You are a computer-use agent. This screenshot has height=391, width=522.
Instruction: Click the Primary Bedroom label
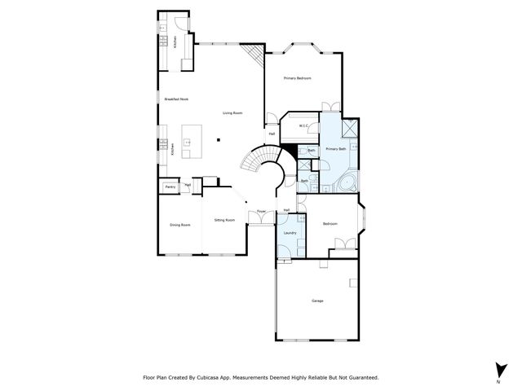click(299, 78)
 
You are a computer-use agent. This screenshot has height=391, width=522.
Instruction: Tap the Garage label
click(317, 301)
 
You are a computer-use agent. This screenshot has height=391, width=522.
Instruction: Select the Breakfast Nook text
click(176, 99)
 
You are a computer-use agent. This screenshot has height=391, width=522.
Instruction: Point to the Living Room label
click(232, 113)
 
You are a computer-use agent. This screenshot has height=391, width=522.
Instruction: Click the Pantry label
click(170, 187)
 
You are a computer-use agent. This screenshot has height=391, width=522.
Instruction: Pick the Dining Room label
click(179, 225)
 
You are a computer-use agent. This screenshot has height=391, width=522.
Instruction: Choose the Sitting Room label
click(224, 220)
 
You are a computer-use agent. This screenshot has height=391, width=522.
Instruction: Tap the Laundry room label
click(290, 234)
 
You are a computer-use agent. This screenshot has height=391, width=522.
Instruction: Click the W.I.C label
click(303, 125)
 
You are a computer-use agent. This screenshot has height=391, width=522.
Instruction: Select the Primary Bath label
click(336, 149)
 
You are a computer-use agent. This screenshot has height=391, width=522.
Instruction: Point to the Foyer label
click(261, 212)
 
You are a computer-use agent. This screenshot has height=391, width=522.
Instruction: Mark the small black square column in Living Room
click(218, 140)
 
